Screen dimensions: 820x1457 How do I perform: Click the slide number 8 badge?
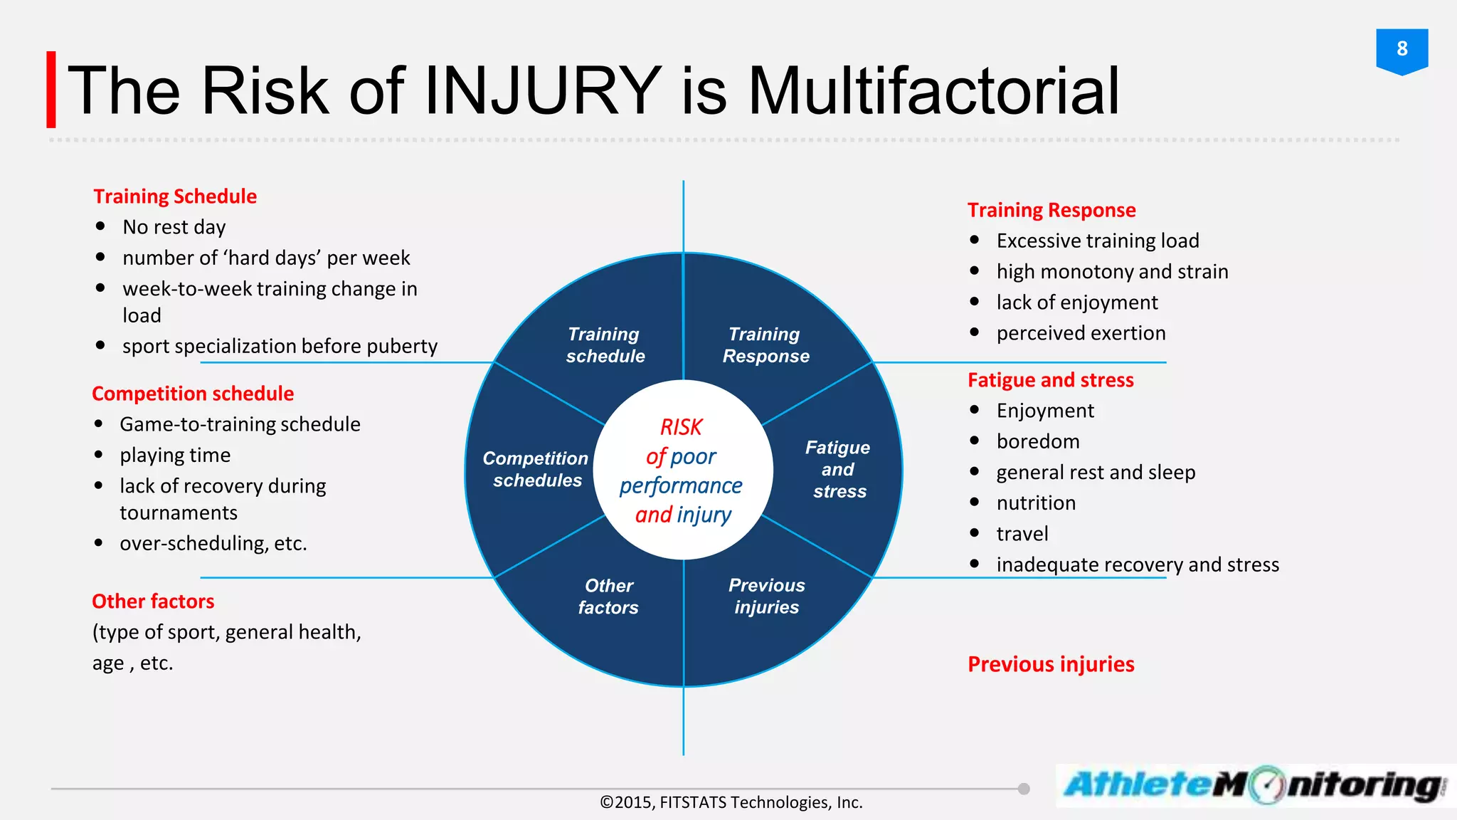pos(1402,50)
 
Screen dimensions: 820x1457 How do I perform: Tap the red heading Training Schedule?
pos(175,196)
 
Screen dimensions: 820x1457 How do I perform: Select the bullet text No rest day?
pos(174,227)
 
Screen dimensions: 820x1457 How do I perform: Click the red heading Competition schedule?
pos(193,394)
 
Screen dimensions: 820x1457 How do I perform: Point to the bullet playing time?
pos(175,455)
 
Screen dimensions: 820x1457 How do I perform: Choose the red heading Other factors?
pos(153,601)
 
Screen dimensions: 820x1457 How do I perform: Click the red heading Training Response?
pos(1051,210)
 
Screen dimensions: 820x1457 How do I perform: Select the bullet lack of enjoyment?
pos(1076,303)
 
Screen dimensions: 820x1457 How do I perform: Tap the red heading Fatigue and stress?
pos(1050,380)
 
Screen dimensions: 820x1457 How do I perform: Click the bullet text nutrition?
pos(1035,503)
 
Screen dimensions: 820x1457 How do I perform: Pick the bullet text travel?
pos(1022,534)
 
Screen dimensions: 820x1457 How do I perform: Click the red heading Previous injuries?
pos(1051,664)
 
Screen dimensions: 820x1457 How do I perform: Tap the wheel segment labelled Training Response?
pos(765,345)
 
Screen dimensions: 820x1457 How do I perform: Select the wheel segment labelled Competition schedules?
pos(536,469)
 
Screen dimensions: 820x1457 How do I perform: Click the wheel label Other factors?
pos(608,596)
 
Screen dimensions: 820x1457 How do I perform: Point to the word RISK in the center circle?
pos(681,427)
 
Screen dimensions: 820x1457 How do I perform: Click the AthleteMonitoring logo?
pos(1254,786)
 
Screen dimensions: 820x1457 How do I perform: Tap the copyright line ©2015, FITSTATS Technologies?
pos(731,803)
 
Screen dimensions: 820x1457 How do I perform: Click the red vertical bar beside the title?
pos(51,90)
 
